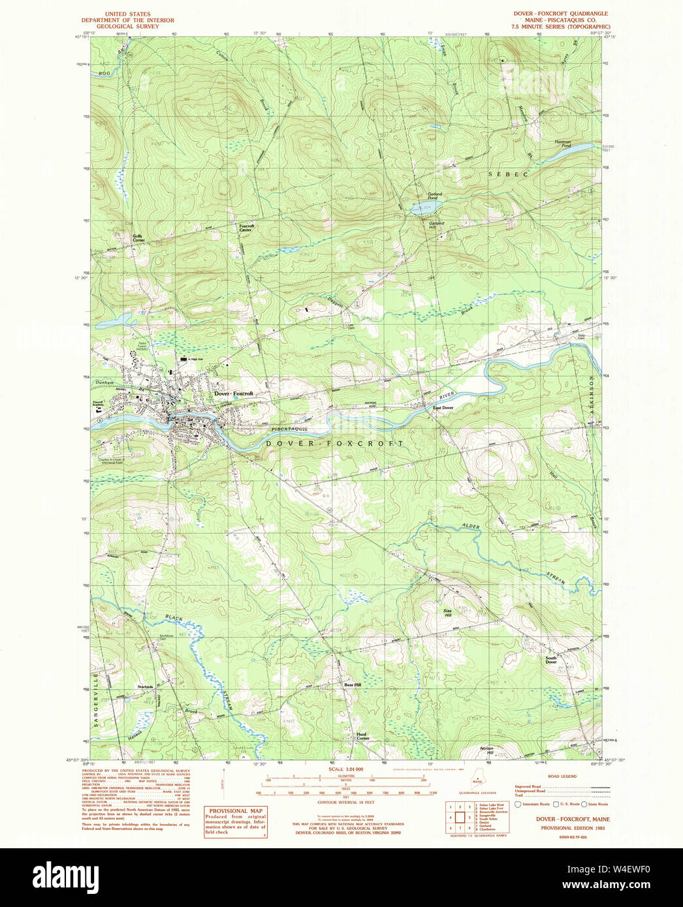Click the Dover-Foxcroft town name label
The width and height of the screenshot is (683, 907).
pos(233,393)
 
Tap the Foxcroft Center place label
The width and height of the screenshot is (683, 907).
pos(246,228)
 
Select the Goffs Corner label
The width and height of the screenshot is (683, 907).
pos(138,238)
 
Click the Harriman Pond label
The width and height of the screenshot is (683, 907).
pos(563,144)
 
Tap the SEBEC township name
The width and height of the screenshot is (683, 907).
pos(508,174)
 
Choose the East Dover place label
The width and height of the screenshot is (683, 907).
pos(443,408)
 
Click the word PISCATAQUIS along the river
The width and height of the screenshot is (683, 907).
pos(289,429)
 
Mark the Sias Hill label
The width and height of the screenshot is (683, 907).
pos(448,613)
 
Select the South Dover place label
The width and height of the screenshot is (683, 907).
pos(551,660)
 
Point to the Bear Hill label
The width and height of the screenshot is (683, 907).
pos(353,684)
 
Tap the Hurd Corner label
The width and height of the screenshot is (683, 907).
pos(362,736)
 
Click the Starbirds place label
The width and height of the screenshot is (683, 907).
pos(145,686)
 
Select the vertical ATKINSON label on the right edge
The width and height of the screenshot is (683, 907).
pos(593,401)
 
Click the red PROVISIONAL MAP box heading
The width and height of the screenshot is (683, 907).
pos(236,811)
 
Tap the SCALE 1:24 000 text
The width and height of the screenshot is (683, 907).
pos(345,769)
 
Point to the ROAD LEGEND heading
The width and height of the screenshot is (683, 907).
pos(562,776)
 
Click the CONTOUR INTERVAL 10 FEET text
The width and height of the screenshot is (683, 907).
pos(345,802)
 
